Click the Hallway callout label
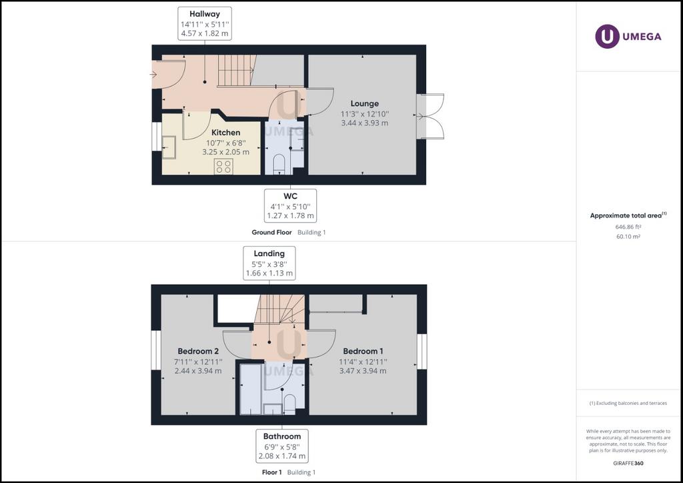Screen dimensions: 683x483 pyautogui.click(x=205, y=14)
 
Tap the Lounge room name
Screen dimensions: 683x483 pyautogui.click(x=365, y=103)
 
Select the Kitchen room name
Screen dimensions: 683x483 pyautogui.click(x=225, y=132)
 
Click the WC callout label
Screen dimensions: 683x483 pyautogui.click(x=291, y=196)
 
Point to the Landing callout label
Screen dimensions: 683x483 pyautogui.click(x=269, y=254)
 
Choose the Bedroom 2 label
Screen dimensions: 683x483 pyautogui.click(x=198, y=351)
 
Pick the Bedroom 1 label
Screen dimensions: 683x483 pyautogui.click(x=363, y=351)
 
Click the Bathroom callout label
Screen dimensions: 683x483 pyautogui.click(x=282, y=436)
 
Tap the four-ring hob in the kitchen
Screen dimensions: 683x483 pyautogui.click(x=223, y=166)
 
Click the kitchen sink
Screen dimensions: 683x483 pyautogui.click(x=169, y=147)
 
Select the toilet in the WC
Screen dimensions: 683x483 pyautogui.click(x=279, y=165)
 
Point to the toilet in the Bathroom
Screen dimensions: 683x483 pyautogui.click(x=289, y=404)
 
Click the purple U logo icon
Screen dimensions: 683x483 pyautogui.click(x=607, y=37)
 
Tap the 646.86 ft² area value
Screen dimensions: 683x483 pyautogui.click(x=628, y=227)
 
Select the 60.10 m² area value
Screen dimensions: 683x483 pyautogui.click(x=628, y=236)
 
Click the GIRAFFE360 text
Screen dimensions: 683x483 pyautogui.click(x=628, y=464)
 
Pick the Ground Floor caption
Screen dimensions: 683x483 pyautogui.click(x=272, y=233)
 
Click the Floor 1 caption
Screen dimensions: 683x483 pyautogui.click(x=272, y=472)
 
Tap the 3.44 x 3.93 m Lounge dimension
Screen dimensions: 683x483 pyautogui.click(x=365, y=123)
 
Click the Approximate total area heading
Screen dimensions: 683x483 pyautogui.click(x=626, y=215)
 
